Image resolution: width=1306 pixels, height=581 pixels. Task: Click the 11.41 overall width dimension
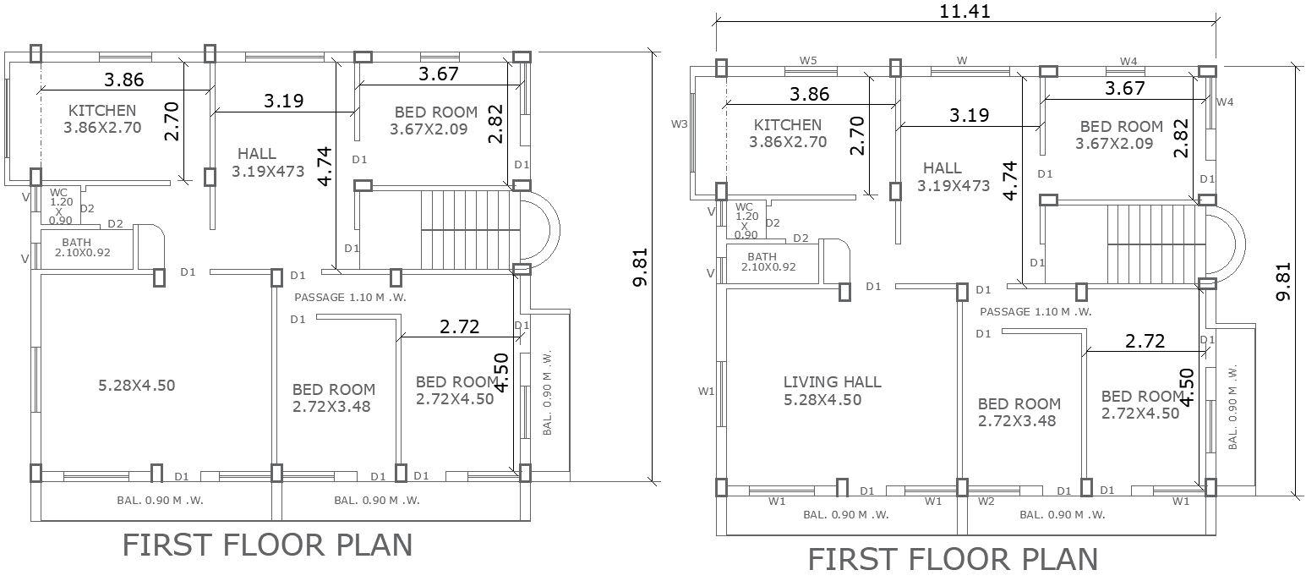[964, 12]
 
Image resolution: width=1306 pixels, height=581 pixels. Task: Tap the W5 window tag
[808, 61]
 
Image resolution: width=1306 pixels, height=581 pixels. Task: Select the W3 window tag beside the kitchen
[679, 124]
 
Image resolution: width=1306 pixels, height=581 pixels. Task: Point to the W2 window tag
[986, 502]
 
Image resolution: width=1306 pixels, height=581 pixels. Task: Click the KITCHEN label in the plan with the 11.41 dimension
[787, 125]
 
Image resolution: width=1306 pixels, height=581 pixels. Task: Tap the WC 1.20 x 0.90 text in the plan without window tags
[59, 206]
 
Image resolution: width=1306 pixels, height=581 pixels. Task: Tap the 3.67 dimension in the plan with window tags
[1124, 88]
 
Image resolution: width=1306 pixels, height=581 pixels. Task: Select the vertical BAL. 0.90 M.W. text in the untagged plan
[547, 392]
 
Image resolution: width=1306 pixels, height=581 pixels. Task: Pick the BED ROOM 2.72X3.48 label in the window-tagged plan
[1019, 412]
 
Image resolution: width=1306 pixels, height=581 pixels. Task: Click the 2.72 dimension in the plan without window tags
[460, 327]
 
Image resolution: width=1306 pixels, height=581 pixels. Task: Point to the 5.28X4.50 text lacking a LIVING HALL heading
[136, 385]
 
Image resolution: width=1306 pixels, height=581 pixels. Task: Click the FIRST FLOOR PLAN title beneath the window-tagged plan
[953, 560]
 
